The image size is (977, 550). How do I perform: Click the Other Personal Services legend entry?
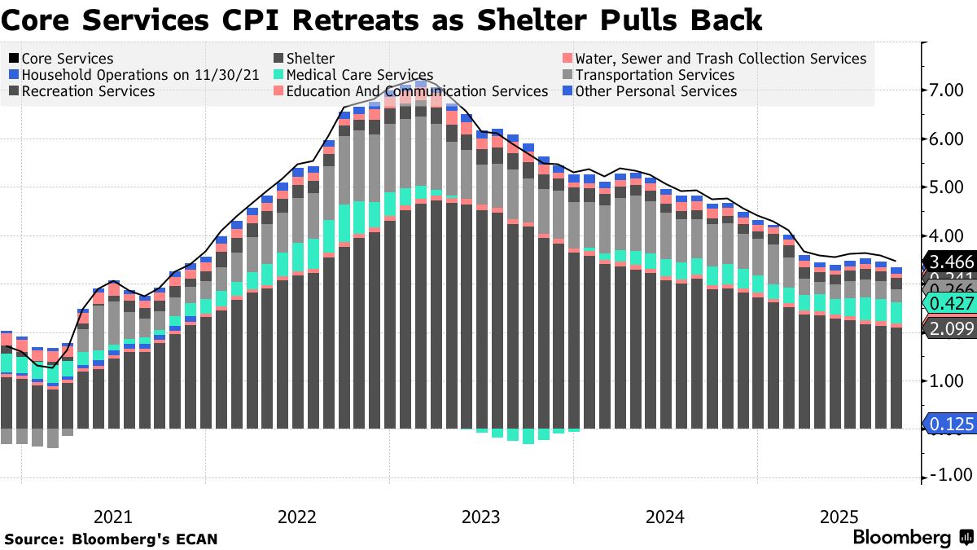(x=655, y=91)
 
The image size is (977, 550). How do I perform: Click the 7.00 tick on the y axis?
(x=950, y=90)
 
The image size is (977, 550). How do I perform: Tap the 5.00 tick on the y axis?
(x=950, y=187)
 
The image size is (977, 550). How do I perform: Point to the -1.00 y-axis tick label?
(x=948, y=476)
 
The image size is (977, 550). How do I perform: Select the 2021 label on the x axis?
(x=112, y=517)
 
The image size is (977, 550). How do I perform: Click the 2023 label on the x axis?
(x=480, y=517)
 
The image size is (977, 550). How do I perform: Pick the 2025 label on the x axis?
(x=839, y=517)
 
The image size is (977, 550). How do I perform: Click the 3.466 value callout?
(x=951, y=262)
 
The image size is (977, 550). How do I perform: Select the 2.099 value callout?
(x=951, y=328)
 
